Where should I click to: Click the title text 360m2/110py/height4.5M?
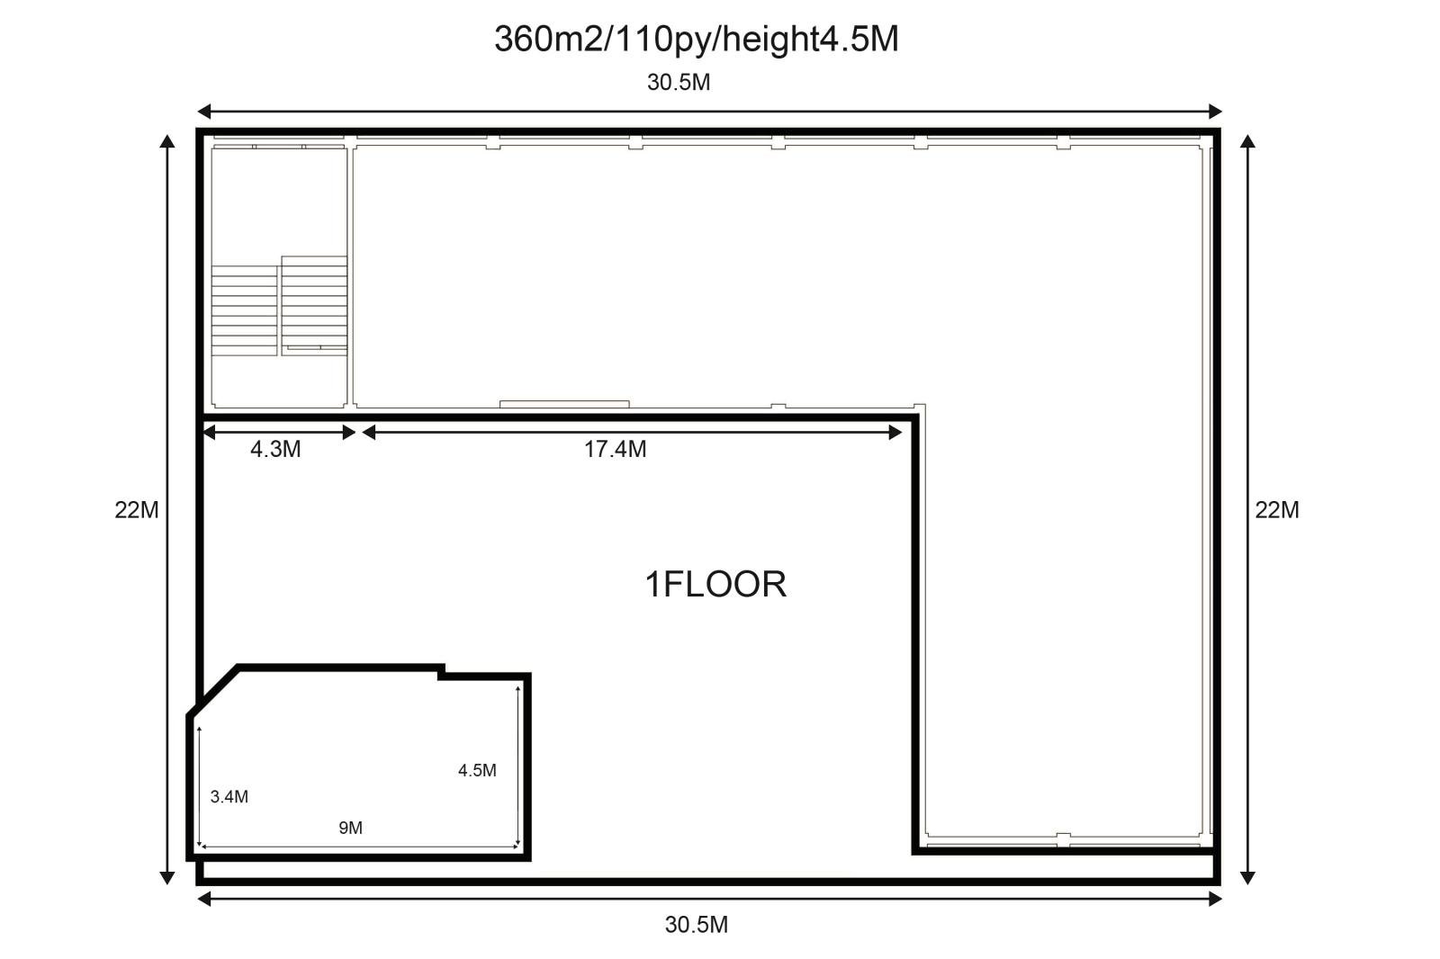pyautogui.click(x=697, y=40)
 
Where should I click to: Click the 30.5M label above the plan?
pyautogui.click(x=679, y=83)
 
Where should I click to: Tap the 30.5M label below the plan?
pyautogui.click(x=697, y=925)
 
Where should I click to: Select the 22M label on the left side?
pyautogui.click(x=136, y=510)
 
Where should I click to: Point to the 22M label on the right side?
pyautogui.click(x=1277, y=510)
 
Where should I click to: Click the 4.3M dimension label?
pyautogui.click(x=275, y=449)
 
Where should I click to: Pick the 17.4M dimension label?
pyautogui.click(x=615, y=449)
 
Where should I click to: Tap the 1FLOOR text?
pyautogui.click(x=715, y=584)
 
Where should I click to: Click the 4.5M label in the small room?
pyautogui.click(x=477, y=770)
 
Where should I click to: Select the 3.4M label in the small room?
pyautogui.click(x=229, y=797)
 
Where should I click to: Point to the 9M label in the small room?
pyautogui.click(x=350, y=828)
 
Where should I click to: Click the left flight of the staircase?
pyautogui.click(x=244, y=310)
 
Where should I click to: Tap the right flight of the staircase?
pyautogui.click(x=314, y=305)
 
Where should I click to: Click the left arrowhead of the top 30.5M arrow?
pyautogui.click(x=203, y=112)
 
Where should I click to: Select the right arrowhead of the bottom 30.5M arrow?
pyautogui.click(x=1215, y=900)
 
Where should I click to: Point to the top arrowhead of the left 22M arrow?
pyautogui.click(x=167, y=141)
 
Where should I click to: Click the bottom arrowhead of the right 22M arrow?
pyautogui.click(x=1247, y=878)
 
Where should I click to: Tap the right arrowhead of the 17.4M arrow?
pyautogui.click(x=895, y=433)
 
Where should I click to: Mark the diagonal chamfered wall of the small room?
pyautogui.click(x=213, y=691)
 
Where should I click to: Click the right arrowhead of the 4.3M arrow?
pyautogui.click(x=349, y=433)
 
